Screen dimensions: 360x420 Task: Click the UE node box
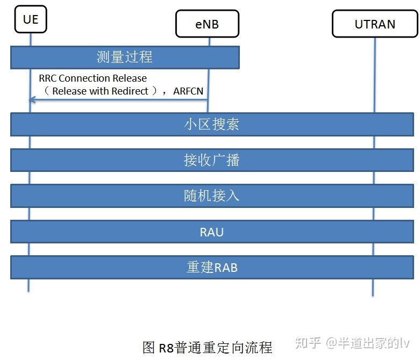[31, 20]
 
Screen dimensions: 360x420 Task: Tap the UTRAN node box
[375, 24]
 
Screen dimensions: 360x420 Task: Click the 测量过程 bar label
[124, 57]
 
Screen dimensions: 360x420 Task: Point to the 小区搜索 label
[211, 124]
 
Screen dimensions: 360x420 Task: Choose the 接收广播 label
[211, 160]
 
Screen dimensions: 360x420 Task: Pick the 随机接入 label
[211, 196]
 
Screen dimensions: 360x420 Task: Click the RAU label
[211, 232]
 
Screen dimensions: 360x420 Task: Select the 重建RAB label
[211, 267]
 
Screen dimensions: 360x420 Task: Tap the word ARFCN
[188, 91]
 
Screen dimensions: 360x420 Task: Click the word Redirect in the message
[130, 91]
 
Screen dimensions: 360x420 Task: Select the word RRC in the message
[47, 78]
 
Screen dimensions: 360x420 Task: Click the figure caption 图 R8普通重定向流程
[207, 347]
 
